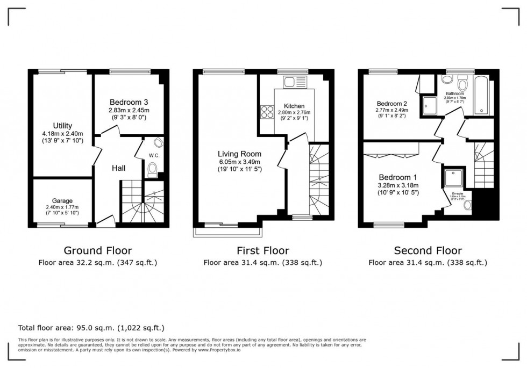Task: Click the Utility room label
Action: pyautogui.click(x=62, y=126)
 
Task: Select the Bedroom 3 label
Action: pyautogui.click(x=129, y=102)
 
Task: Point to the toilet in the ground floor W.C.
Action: pyautogui.click(x=153, y=170)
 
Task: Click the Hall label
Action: pyautogui.click(x=119, y=168)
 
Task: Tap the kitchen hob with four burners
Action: pyautogui.click(x=267, y=112)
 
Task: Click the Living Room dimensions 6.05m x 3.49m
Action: pyautogui.click(x=238, y=162)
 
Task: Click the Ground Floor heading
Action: pyautogui.click(x=98, y=250)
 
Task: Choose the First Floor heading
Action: pyautogui.click(x=263, y=250)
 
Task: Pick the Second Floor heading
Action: pyautogui.click(x=428, y=250)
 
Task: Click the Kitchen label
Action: pyautogui.click(x=295, y=106)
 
